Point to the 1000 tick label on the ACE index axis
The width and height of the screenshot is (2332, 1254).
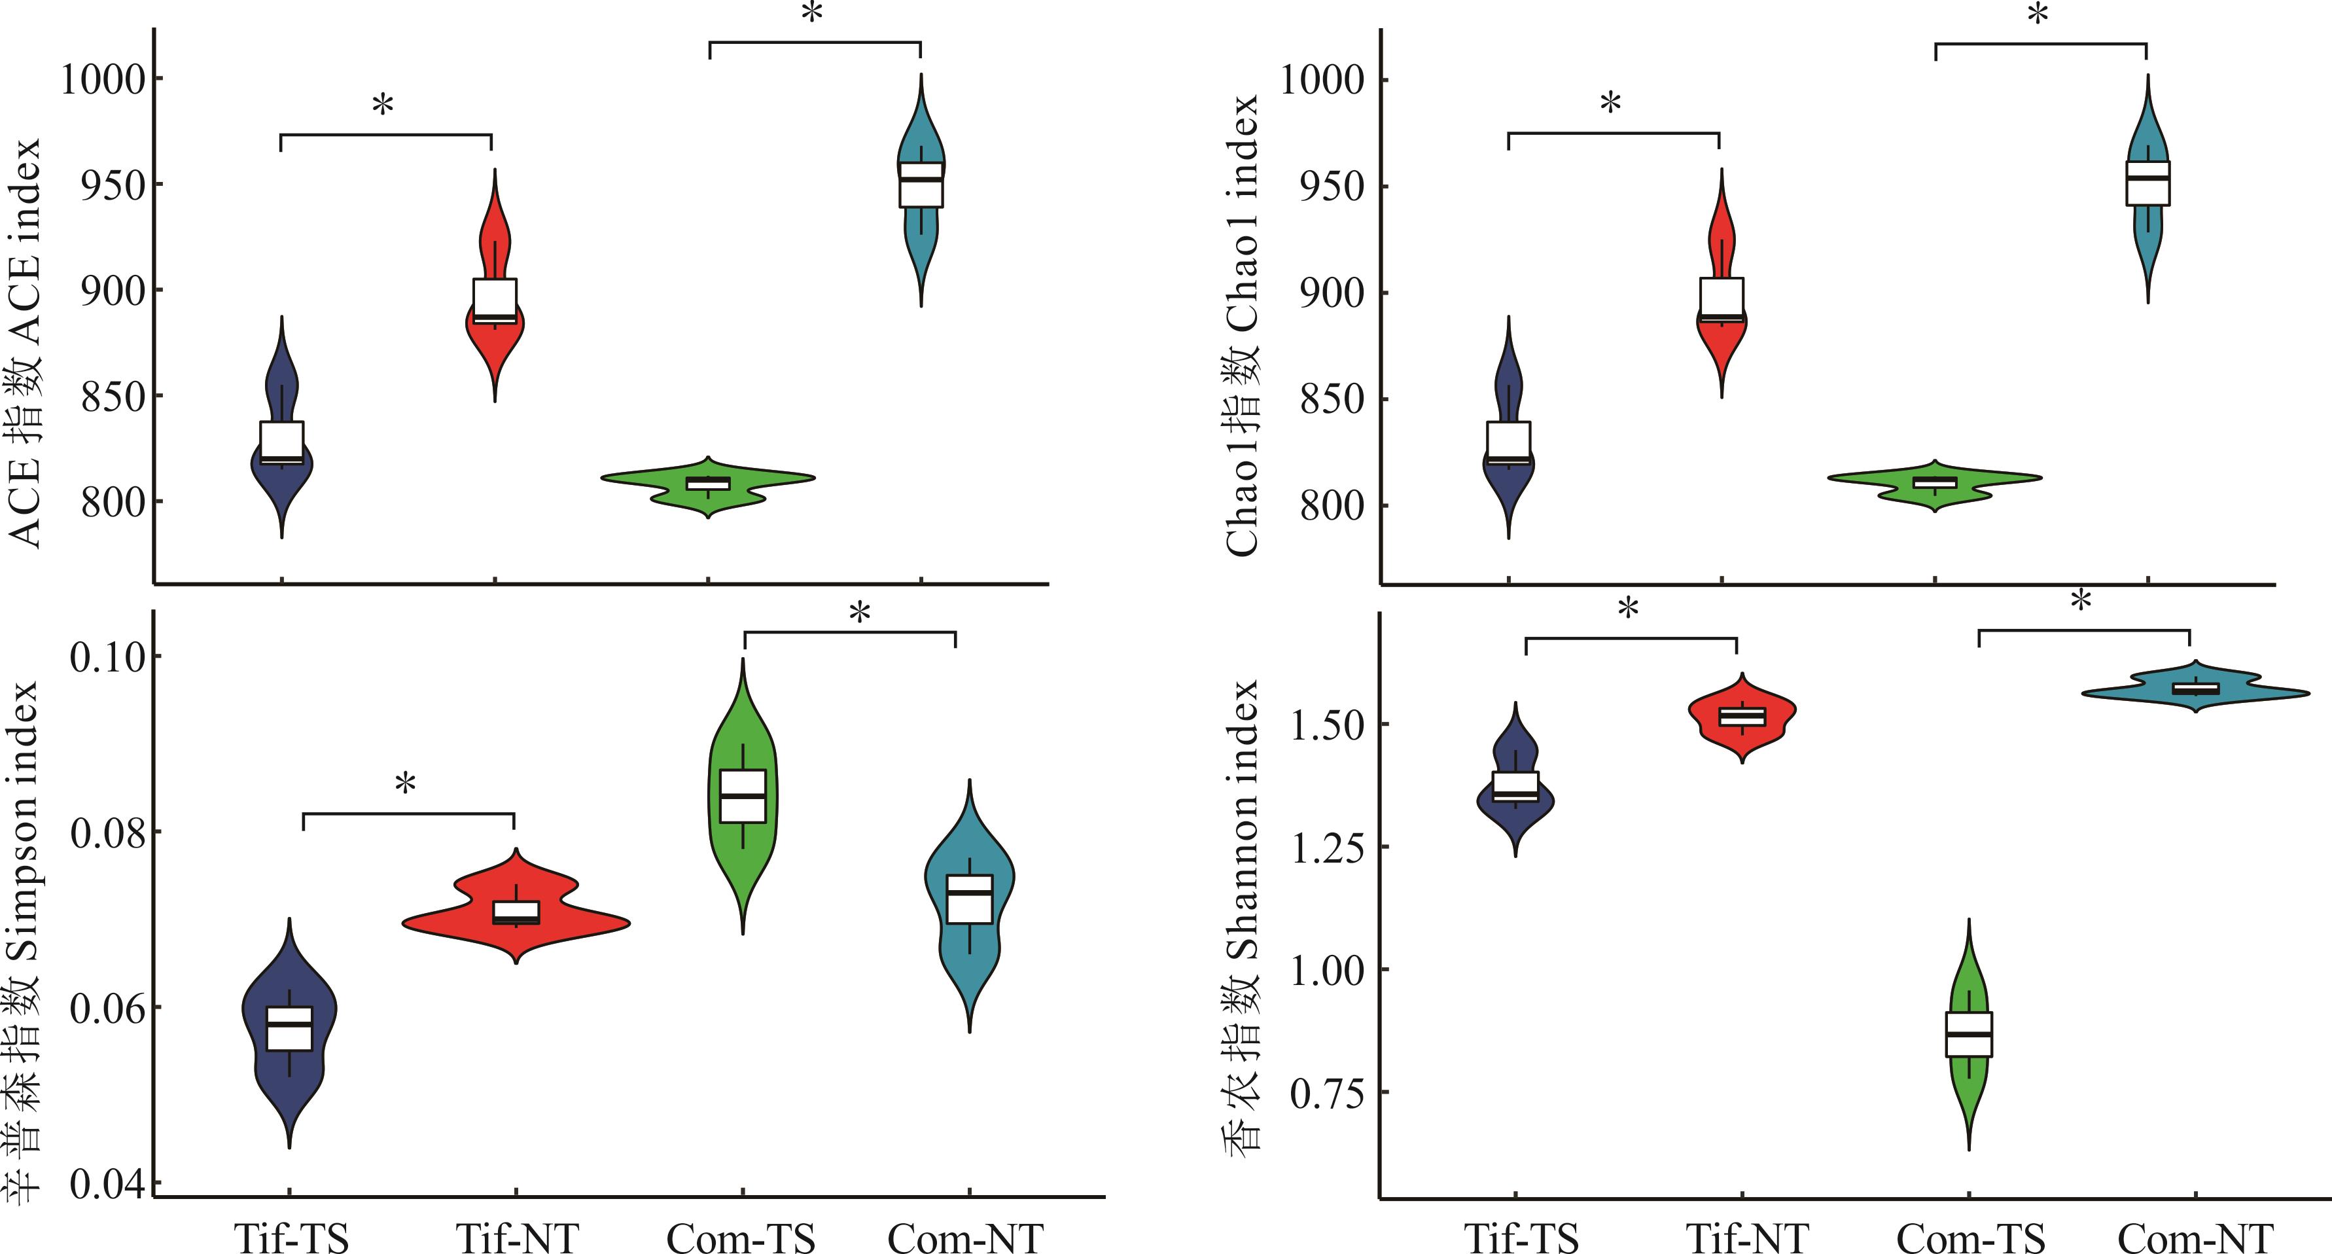click(x=102, y=80)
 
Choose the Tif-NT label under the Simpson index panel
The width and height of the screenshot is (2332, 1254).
click(x=517, y=1238)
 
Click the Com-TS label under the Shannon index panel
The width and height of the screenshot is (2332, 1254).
click(x=1971, y=1238)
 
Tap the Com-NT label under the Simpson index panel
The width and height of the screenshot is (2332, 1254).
click(x=965, y=1238)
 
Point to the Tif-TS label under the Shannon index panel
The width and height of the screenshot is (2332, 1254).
click(x=1521, y=1238)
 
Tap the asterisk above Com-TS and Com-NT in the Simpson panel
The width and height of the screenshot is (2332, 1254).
click(x=859, y=614)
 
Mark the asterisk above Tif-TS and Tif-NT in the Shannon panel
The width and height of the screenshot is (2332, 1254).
click(x=1628, y=609)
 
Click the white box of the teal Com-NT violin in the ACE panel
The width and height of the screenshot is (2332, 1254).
click(x=921, y=185)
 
